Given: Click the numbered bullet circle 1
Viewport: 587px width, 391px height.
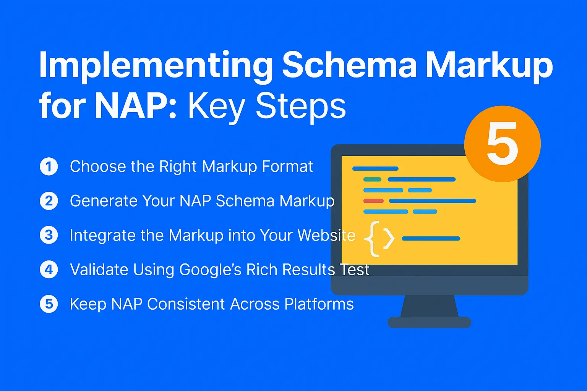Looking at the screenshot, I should (x=49, y=166).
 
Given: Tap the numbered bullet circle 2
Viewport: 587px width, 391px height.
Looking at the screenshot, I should (x=49, y=201).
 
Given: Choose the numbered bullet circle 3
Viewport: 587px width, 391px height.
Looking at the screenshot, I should (x=49, y=235).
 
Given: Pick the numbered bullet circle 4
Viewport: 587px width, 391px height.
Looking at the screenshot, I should (x=49, y=270).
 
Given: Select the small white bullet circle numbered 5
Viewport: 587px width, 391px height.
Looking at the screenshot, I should (x=49, y=304).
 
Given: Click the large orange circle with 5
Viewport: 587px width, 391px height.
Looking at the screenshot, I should (x=502, y=144).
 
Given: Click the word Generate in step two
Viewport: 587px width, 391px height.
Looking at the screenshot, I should (x=103, y=201).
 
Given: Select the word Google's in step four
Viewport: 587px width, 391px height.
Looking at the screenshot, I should (x=210, y=270).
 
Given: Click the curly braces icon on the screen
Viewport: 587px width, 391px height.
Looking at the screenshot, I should (x=379, y=239).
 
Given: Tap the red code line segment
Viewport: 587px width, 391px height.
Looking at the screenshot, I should (x=373, y=201).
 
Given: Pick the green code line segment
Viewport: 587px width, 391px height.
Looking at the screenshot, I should (x=372, y=179).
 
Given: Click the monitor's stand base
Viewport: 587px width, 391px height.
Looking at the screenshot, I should (x=429, y=322).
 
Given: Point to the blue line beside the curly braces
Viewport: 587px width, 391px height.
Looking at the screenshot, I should (x=431, y=239).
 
